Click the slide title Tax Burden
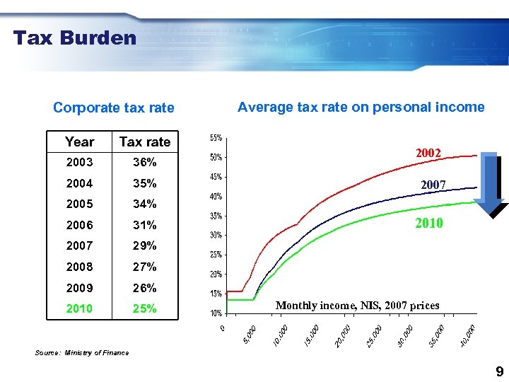pyautogui.click(x=74, y=37)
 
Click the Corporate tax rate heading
pyautogui.click(x=113, y=108)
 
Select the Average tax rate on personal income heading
pyautogui.click(x=361, y=107)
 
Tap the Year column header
pyautogui.click(x=79, y=141)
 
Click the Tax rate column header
pyautogui.click(x=144, y=141)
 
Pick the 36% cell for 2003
pyautogui.click(x=144, y=162)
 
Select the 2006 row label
pyautogui.click(x=79, y=225)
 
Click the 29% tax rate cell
pyautogui.click(x=144, y=245)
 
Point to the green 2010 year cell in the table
pyautogui.click(x=79, y=308)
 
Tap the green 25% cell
pyautogui.click(x=144, y=308)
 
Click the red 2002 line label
pyautogui.click(x=428, y=153)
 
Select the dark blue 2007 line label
pyautogui.click(x=433, y=185)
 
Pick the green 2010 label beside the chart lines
pyautogui.click(x=429, y=224)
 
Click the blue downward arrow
pyautogui.click(x=490, y=182)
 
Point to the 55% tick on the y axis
pyautogui.click(x=216, y=137)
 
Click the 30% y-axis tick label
pyautogui.click(x=216, y=235)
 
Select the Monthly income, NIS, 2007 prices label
pyautogui.click(x=357, y=306)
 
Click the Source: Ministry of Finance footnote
pyautogui.click(x=82, y=353)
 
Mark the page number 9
pyautogui.click(x=499, y=372)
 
